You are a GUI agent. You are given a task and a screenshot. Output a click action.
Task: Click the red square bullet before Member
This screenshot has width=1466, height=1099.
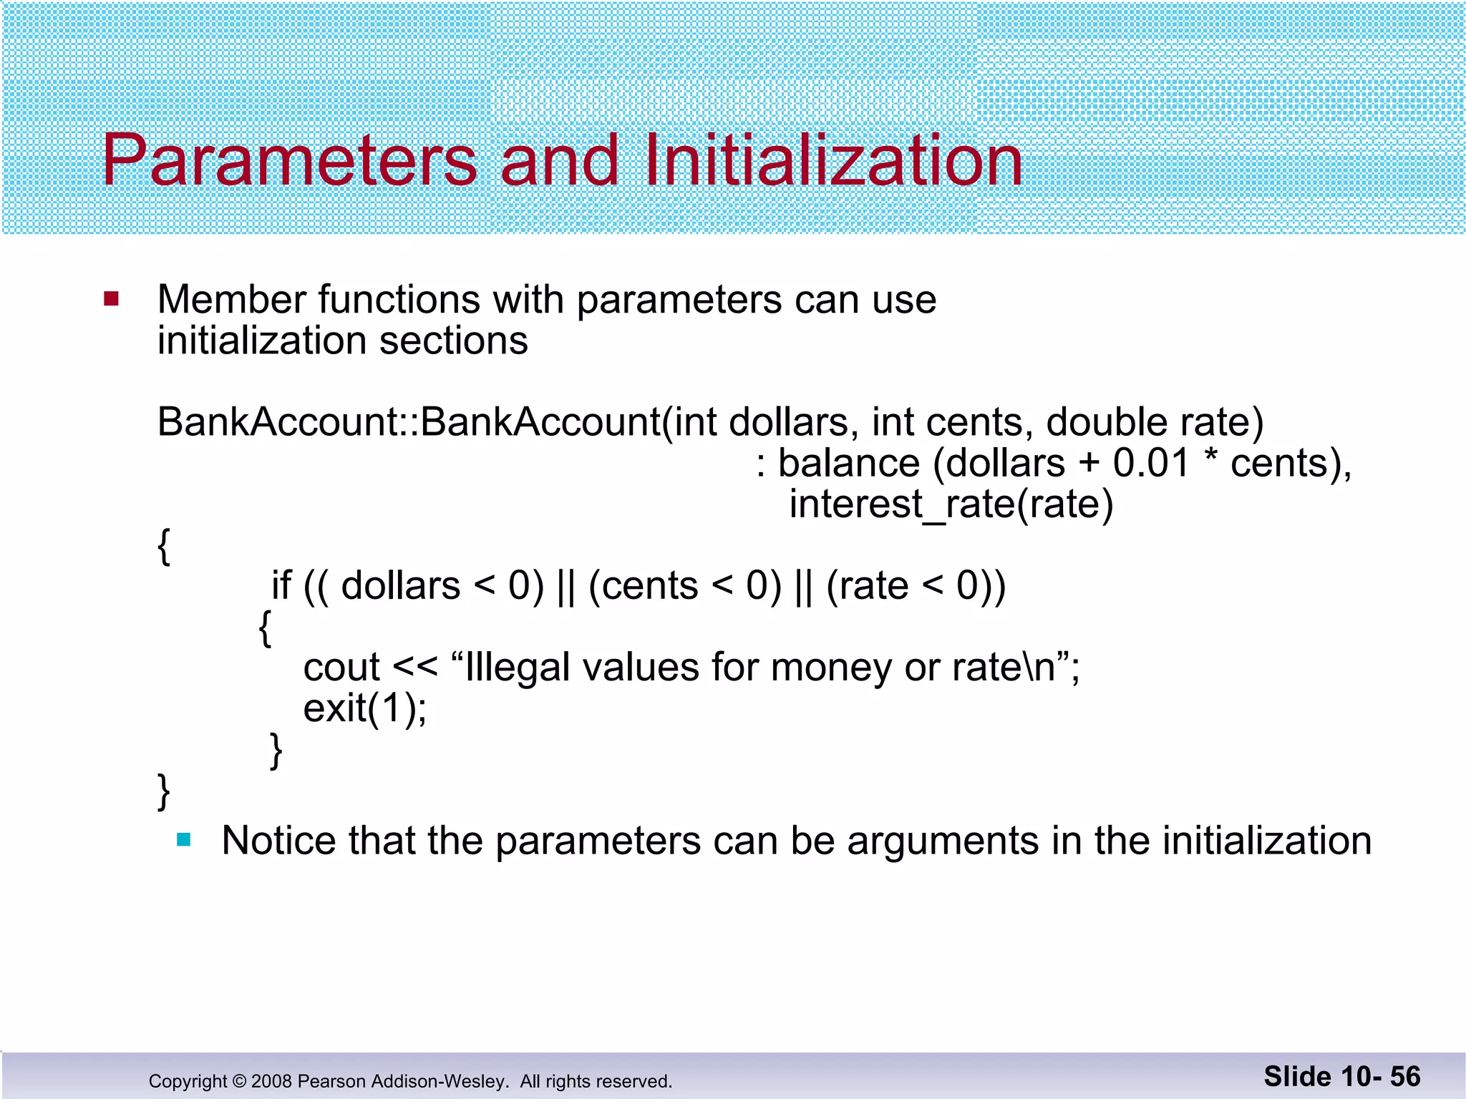click(111, 298)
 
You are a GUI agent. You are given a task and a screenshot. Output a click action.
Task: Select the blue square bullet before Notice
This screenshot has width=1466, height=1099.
click(184, 839)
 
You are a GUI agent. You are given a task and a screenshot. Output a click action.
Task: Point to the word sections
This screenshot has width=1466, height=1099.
click(453, 341)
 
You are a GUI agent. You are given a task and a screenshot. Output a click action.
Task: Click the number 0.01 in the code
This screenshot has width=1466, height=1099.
click(1150, 463)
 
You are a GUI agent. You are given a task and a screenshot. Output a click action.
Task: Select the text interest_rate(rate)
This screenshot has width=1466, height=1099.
click(951, 504)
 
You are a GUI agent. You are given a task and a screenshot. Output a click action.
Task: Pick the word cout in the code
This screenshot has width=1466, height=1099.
click(341, 668)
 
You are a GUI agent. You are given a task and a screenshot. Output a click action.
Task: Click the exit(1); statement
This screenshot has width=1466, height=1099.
click(365, 709)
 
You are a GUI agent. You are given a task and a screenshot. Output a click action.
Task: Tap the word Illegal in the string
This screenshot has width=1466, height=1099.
click(517, 668)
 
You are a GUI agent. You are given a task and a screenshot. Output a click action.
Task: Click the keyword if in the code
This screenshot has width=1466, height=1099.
click(281, 585)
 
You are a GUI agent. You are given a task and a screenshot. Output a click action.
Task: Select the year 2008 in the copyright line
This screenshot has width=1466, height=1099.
click(271, 1081)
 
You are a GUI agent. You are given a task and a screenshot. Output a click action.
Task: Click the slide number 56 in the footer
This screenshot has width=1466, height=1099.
click(1405, 1077)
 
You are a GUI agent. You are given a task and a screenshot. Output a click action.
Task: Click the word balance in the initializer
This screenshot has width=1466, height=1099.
click(849, 463)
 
